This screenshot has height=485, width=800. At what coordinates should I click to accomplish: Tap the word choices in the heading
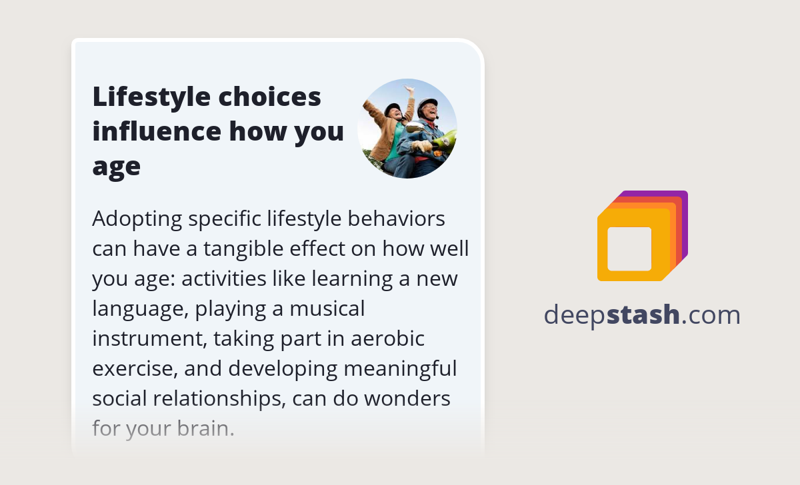269,97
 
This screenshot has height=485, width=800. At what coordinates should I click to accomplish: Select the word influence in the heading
157,131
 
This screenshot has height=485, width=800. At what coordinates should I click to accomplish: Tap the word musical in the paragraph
327,309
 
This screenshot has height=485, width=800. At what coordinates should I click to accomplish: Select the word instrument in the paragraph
150,339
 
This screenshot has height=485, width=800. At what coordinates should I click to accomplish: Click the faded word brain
206,428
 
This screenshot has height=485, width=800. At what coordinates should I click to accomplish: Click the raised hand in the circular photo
409,91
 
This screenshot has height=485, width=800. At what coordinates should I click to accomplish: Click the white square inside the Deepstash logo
629,248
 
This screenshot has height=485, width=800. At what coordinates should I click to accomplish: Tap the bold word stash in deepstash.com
643,314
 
